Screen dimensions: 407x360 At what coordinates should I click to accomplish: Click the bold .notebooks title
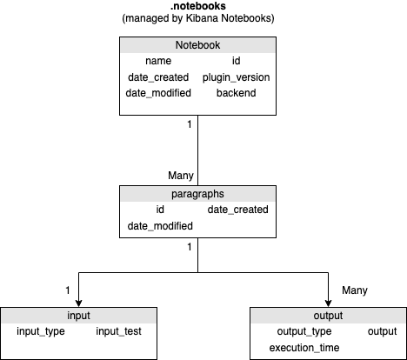pyautogui.click(x=198, y=6)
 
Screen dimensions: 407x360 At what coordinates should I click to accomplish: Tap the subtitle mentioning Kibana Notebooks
pyautogui.click(x=198, y=18)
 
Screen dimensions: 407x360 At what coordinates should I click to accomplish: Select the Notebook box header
pyautogui.click(x=197, y=45)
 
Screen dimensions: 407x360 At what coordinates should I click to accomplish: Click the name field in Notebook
pyautogui.click(x=158, y=61)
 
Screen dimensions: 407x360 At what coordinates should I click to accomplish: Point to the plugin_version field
pyautogui.click(x=237, y=77)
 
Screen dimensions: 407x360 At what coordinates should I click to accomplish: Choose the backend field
pyautogui.click(x=237, y=93)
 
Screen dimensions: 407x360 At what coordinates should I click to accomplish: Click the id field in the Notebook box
pyautogui.click(x=237, y=61)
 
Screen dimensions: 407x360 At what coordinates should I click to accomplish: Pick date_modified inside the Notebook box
pyautogui.click(x=158, y=93)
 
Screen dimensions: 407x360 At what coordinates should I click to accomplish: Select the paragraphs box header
pyautogui.click(x=197, y=194)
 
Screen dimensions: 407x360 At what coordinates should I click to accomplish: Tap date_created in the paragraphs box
pyautogui.click(x=238, y=210)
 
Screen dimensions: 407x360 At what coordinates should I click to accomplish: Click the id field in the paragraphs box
pyautogui.click(x=160, y=210)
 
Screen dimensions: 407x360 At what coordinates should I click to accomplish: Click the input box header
pyautogui.click(x=78, y=316)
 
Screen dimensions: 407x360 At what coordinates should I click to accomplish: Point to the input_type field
pyautogui.click(x=41, y=331)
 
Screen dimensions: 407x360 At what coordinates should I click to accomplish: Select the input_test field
pyautogui.click(x=118, y=331)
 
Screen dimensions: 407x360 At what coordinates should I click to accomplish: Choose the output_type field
pyautogui.click(x=304, y=331)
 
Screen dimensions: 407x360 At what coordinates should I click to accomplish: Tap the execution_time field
pyautogui.click(x=304, y=348)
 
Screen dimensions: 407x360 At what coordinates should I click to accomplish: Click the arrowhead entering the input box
pyautogui.click(x=78, y=303)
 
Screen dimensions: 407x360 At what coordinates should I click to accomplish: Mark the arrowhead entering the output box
pyautogui.click(x=328, y=303)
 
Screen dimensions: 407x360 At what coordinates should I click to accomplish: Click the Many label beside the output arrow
pyautogui.click(x=355, y=290)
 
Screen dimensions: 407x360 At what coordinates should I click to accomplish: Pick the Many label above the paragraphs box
pyautogui.click(x=181, y=176)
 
